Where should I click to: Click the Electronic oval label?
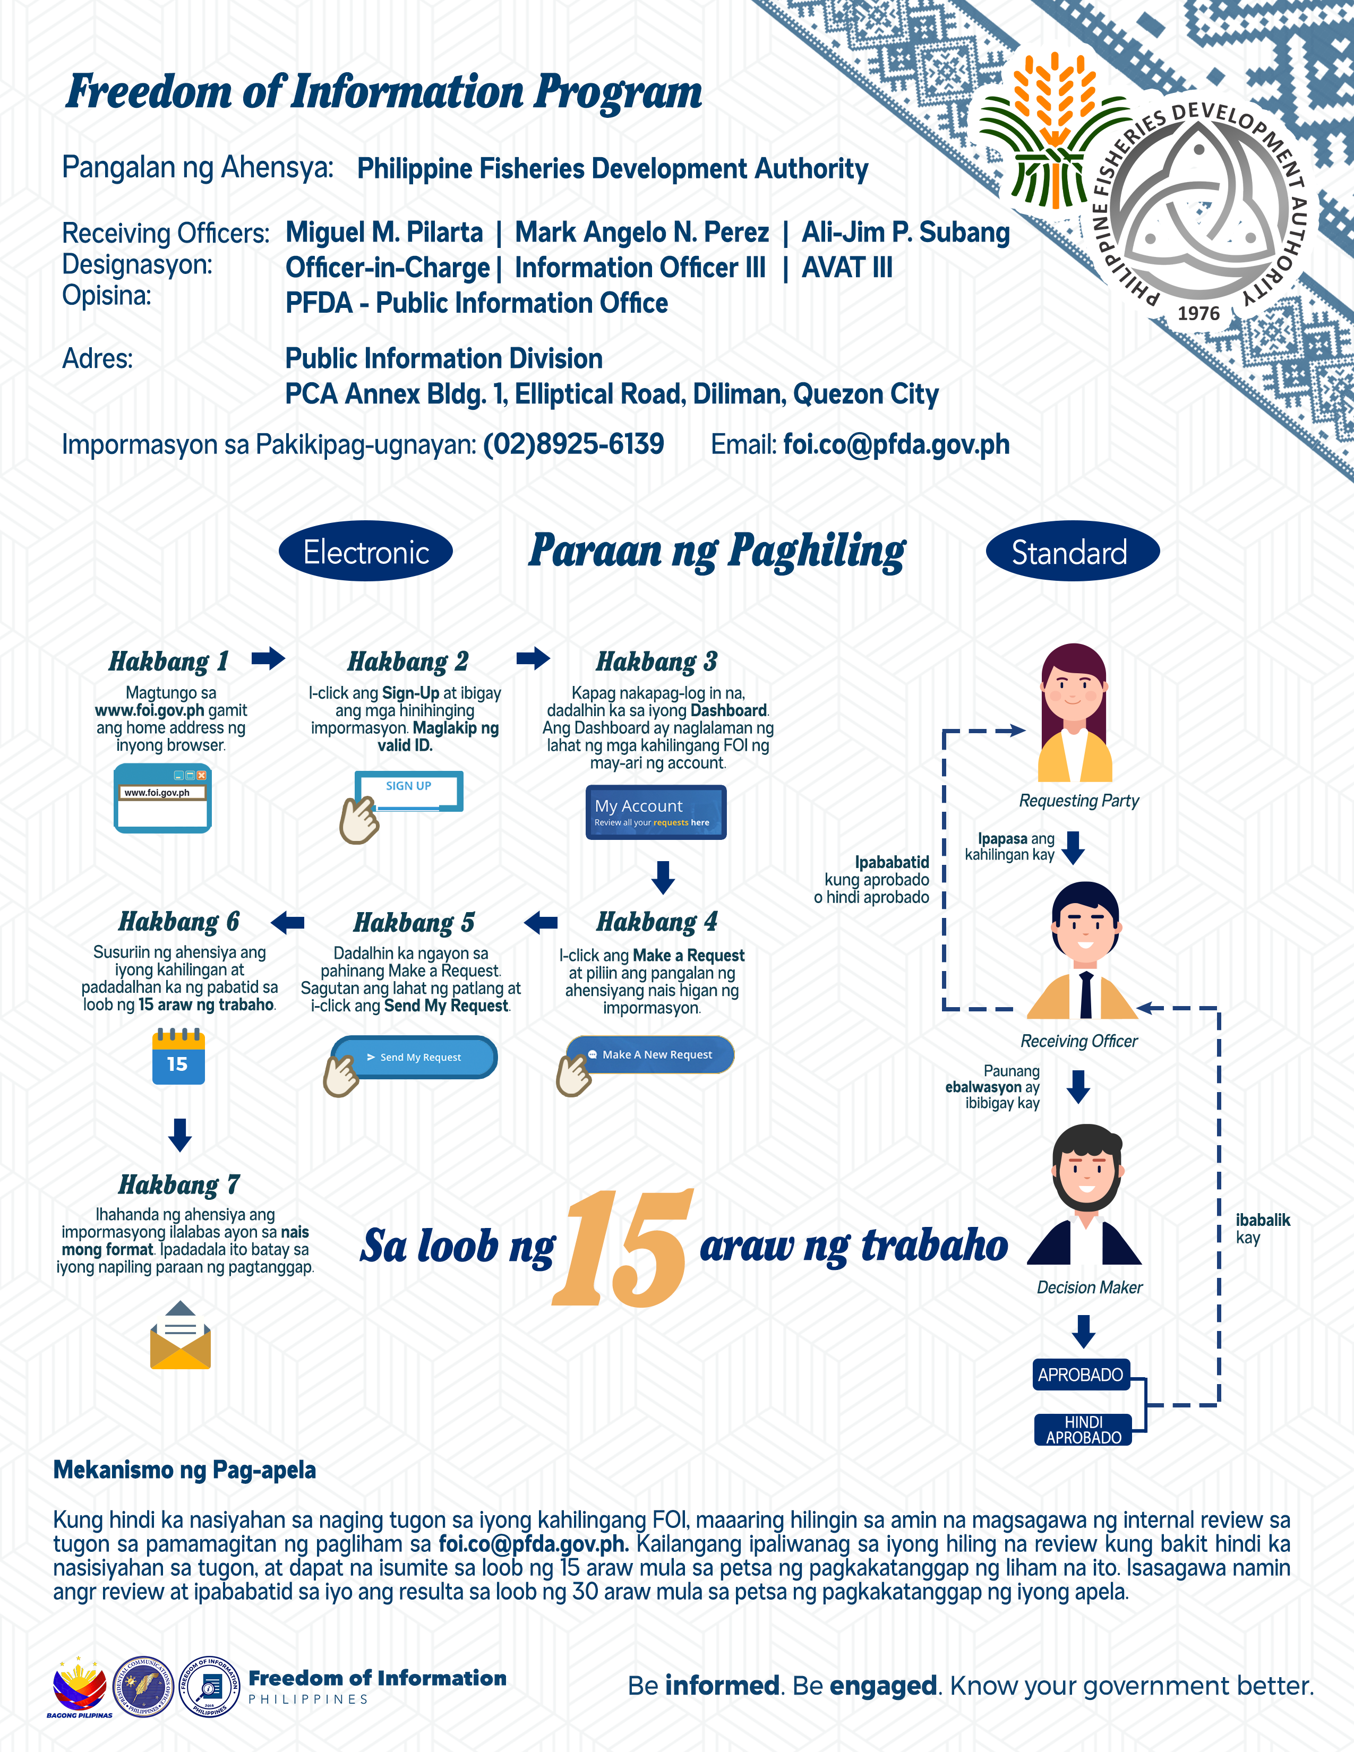tap(366, 551)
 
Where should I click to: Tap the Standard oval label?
tap(1073, 551)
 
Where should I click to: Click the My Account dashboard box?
tap(655, 812)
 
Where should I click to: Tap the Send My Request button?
tap(415, 1057)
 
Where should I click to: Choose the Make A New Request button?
tap(650, 1054)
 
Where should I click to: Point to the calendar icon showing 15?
tap(178, 1057)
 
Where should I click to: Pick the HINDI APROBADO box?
tap(1083, 1430)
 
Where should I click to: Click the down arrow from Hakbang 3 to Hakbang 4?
tap(663, 878)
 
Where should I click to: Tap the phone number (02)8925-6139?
tap(573, 444)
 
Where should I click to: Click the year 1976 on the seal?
tap(1198, 314)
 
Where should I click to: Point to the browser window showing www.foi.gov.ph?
tap(163, 798)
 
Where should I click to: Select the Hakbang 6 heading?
tap(179, 922)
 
